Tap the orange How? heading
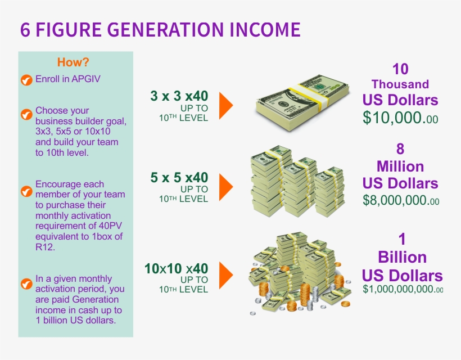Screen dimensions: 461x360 coord(73,62)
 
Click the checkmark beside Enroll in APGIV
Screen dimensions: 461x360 coord(26,80)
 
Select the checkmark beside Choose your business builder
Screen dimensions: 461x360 coord(26,114)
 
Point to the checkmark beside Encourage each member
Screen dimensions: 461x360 coord(26,191)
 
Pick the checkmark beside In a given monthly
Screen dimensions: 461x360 coord(26,284)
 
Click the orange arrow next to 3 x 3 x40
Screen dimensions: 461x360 coord(226,106)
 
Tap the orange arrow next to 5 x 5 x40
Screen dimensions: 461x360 coord(226,187)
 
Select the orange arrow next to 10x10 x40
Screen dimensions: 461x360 coord(226,275)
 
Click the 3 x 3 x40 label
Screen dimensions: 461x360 coord(179,96)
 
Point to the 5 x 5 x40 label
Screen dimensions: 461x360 coord(179,177)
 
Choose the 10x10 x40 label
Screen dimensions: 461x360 coord(176,268)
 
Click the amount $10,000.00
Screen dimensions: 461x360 coord(400,118)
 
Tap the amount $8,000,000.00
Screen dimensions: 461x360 coord(401,200)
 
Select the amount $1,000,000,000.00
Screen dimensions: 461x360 coord(403,289)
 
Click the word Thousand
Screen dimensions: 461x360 coord(400,84)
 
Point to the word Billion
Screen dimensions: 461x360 coord(402,257)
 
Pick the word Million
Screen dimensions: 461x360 coord(400,166)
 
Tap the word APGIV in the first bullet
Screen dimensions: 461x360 coord(86,79)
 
